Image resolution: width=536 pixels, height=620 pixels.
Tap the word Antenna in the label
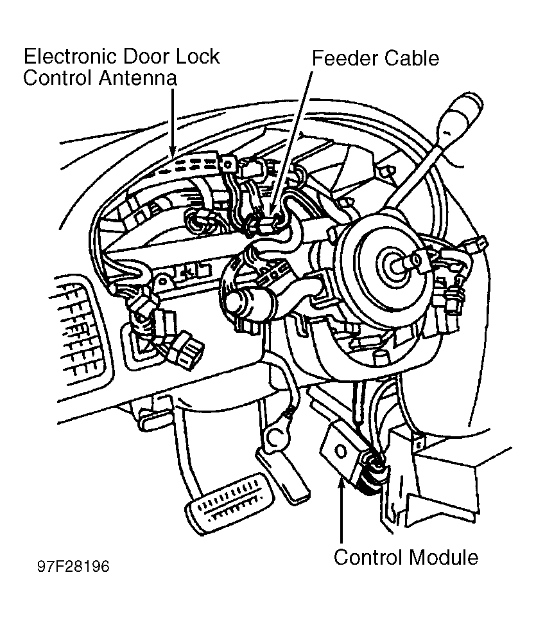click(x=138, y=78)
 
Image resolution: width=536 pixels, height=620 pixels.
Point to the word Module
click(x=443, y=557)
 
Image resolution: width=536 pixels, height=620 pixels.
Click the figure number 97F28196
click(x=73, y=566)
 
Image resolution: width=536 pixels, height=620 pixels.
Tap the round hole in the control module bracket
click(x=340, y=451)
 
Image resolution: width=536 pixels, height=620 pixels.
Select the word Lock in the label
click(x=198, y=57)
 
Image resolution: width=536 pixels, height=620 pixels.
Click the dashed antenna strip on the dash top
click(x=194, y=164)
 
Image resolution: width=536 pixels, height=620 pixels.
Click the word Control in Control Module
click(x=368, y=557)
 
